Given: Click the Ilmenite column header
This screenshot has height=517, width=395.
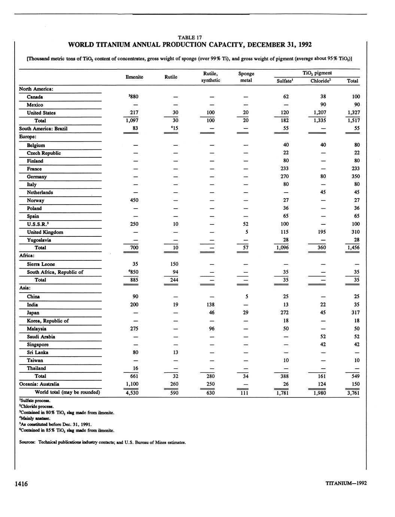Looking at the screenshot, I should pyautogui.click(x=134, y=77).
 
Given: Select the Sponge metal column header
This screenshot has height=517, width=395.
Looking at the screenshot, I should pyautogui.click(x=246, y=77).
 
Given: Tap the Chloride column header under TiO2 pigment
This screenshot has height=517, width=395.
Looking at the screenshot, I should pyautogui.click(x=321, y=81).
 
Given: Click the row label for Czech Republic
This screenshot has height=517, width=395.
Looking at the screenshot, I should pyautogui.click(x=43, y=153).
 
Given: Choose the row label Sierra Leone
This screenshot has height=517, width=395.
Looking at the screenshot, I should pyautogui.click(x=41, y=264).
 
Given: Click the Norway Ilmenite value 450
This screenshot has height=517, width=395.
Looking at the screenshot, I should pyautogui.click(x=134, y=200).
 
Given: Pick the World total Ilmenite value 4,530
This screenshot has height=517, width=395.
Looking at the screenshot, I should pyautogui.click(x=134, y=393).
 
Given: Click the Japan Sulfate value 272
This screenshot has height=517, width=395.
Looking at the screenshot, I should pyautogui.click(x=286, y=312).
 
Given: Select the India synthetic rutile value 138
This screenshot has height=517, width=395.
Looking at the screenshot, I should pyautogui.click(x=211, y=305).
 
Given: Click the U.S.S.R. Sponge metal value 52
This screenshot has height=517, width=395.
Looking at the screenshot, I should pyautogui.click(x=246, y=224).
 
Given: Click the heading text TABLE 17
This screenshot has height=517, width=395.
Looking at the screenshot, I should pyautogui.click(x=190, y=37).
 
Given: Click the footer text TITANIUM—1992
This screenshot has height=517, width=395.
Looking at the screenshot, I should pyautogui.click(x=346, y=483).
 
